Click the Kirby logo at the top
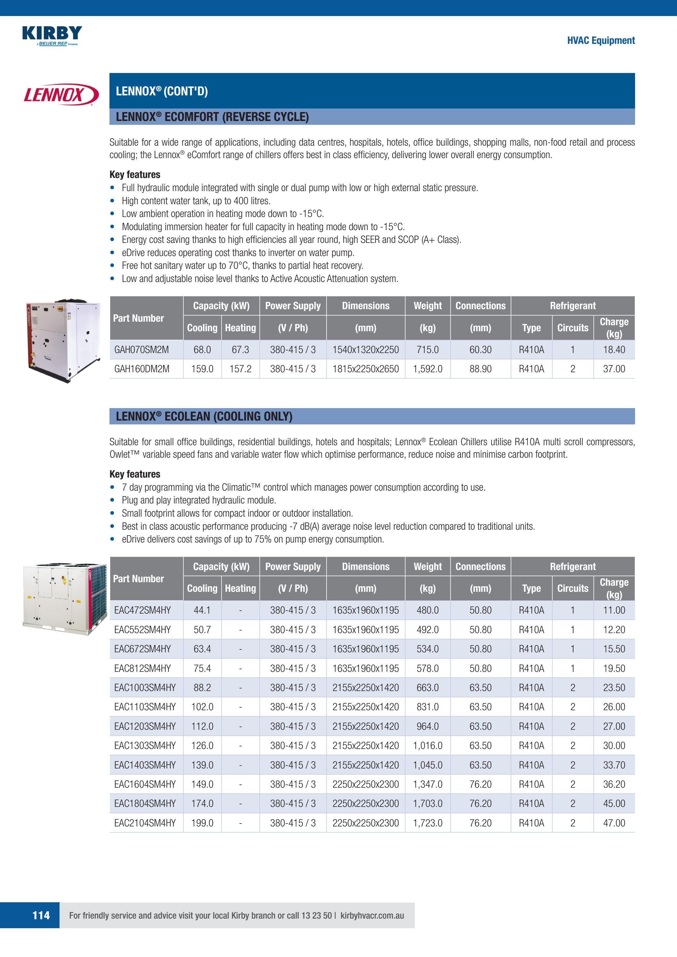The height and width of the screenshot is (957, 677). (52, 35)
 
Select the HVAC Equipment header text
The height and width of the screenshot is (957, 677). (601, 40)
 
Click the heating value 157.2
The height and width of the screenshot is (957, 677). (240, 369)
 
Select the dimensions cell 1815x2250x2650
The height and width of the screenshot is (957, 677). (365, 369)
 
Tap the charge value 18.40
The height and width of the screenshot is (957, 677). (614, 350)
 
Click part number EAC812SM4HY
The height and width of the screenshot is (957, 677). (142, 668)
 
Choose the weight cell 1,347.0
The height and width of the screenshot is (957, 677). (427, 784)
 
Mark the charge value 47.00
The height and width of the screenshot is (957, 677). (614, 823)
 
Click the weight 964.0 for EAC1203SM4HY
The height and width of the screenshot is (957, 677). (427, 726)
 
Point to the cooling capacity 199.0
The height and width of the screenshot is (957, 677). (202, 823)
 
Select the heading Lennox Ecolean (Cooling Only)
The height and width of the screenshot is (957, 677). (204, 416)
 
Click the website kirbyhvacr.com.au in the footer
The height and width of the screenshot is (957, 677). (372, 915)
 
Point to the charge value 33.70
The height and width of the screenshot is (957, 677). (614, 765)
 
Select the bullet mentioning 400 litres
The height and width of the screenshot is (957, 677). (196, 201)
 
